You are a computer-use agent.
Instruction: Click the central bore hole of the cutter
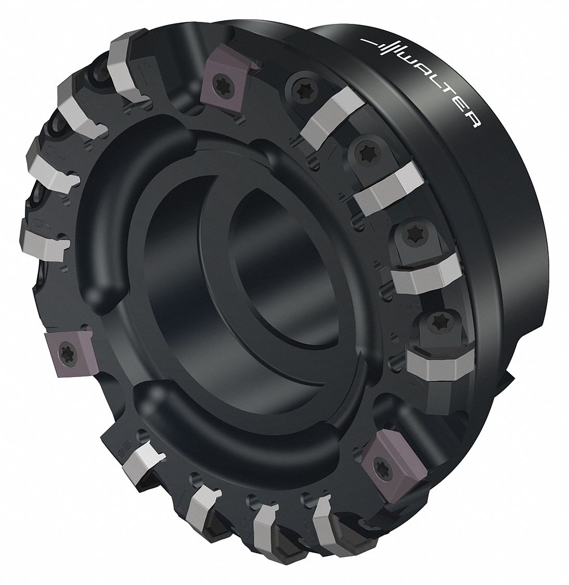pos(270,260)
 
